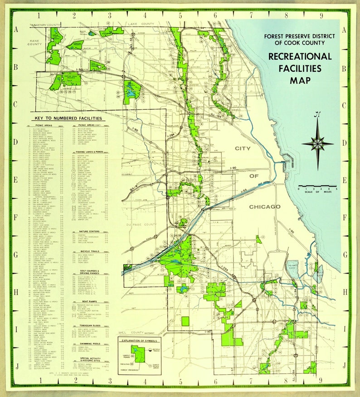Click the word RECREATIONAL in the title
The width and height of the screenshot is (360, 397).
tap(300, 57)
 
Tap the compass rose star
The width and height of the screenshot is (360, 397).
tap(317, 144)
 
